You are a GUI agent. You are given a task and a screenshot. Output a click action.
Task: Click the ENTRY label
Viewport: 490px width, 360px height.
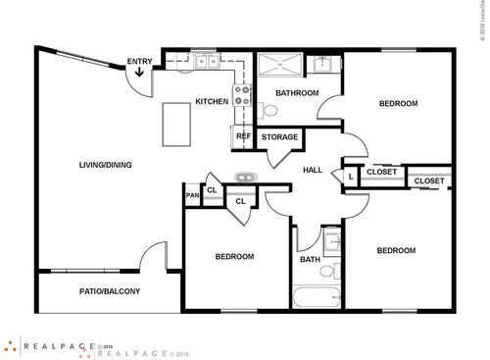click(139, 63)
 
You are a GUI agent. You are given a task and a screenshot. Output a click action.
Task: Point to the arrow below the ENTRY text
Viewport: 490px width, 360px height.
click(139, 74)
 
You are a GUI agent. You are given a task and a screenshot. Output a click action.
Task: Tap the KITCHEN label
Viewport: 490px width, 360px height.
click(212, 101)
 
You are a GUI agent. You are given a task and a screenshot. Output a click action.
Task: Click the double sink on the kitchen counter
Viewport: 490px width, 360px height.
click(207, 62)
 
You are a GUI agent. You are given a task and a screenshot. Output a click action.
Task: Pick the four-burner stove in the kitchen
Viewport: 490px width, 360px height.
click(241, 98)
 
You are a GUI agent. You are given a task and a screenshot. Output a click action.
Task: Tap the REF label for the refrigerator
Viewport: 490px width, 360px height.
click(243, 136)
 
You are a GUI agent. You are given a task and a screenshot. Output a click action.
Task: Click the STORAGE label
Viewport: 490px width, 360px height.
click(280, 136)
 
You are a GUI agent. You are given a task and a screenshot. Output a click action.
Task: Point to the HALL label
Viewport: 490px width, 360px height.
click(313, 170)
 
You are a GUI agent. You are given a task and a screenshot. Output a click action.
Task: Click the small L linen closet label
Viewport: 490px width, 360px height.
click(350, 176)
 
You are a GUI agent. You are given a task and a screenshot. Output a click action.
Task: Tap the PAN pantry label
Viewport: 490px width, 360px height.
click(192, 195)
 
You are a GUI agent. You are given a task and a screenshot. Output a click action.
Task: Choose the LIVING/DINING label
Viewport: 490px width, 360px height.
click(105, 164)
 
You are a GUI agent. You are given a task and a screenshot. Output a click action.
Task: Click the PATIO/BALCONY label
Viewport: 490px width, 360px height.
click(110, 291)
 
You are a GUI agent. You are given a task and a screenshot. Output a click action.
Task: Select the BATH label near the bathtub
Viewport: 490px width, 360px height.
click(310, 260)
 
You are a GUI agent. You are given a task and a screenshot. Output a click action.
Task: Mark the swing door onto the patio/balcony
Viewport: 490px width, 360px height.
click(152, 259)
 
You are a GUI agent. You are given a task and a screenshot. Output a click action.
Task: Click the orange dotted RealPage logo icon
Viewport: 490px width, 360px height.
click(10, 345)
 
